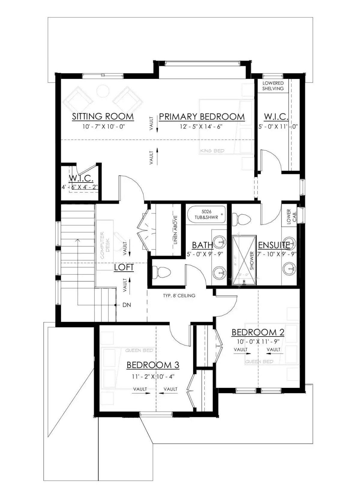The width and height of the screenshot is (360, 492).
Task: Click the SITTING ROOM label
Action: click(103, 116)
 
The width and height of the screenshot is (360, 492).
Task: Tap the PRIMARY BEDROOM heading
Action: click(202, 116)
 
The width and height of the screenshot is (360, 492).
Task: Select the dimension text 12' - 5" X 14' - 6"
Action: click(201, 127)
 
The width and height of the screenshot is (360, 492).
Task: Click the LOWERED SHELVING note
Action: click(273, 86)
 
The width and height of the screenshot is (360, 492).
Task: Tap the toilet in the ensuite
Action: click(241, 219)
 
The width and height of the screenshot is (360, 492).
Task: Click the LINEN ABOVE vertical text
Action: click(175, 230)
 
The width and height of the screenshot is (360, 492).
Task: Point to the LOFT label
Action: click(124, 267)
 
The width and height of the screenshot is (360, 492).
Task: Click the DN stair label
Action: click(127, 305)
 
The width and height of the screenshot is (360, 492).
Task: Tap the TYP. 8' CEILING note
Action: click(179, 296)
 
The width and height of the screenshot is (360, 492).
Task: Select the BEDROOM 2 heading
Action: click(258, 332)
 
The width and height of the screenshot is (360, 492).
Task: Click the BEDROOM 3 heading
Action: click(153, 365)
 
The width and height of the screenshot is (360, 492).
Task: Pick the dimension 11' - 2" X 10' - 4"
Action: click(153, 376)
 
